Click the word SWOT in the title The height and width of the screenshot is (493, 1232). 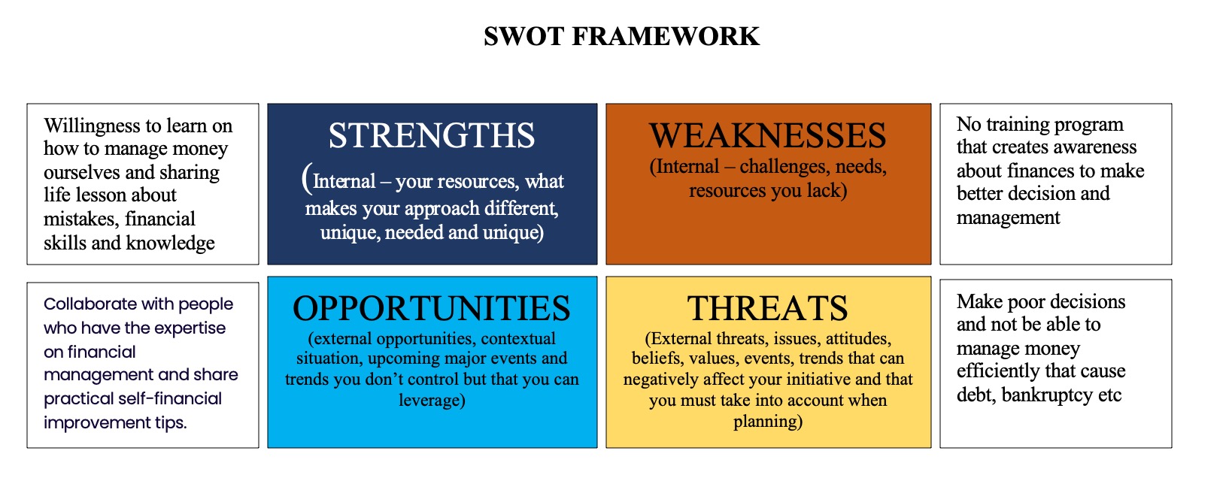point(523,36)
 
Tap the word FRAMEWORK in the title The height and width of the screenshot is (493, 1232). point(666,36)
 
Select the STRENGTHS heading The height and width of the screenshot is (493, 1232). point(432,135)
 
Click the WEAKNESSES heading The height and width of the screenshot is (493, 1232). point(768,135)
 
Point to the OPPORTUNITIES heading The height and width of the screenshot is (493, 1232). point(432,308)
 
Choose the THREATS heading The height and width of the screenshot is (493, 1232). point(768,308)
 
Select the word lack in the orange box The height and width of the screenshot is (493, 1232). point(824,191)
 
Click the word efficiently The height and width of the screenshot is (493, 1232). point(993,371)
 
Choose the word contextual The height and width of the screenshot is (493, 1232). point(518,338)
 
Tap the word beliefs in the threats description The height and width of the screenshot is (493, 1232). point(656,358)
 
